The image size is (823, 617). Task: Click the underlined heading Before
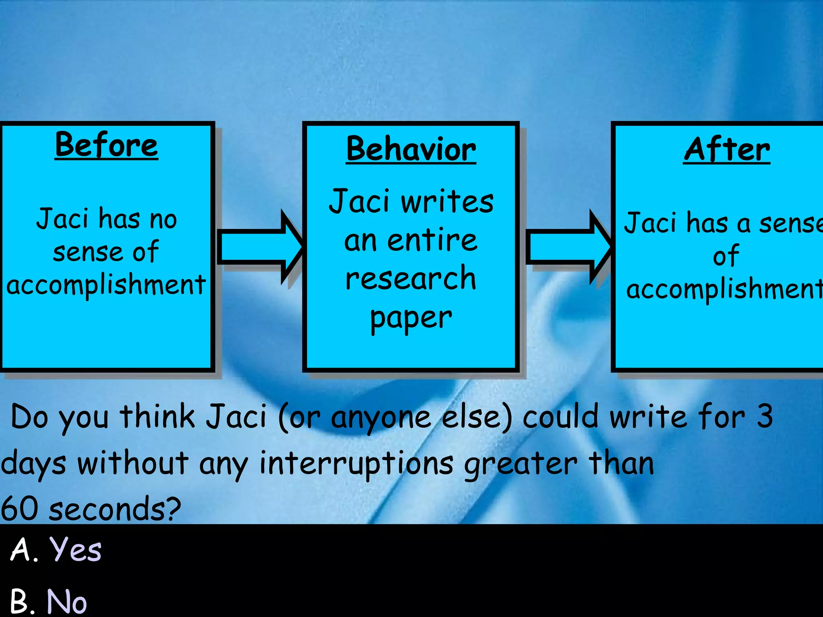[106, 145]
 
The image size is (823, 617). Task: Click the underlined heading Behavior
[411, 149]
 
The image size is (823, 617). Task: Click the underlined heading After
[727, 149]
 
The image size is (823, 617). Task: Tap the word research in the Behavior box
[411, 278]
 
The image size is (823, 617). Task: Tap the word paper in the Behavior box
[411, 318]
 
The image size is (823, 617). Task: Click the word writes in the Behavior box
[447, 201]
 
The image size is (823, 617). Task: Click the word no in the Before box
[163, 220]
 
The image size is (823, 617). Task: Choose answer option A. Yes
[56, 550]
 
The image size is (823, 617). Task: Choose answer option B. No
[48, 601]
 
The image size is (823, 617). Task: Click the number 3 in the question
[765, 416]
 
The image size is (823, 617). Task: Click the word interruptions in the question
[356, 463]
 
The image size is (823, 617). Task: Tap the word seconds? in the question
[115, 509]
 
